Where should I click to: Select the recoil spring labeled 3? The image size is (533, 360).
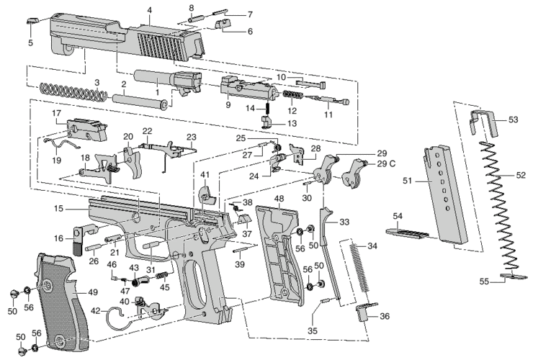72,92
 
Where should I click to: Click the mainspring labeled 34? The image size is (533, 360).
359,270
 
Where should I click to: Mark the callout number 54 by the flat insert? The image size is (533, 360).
398,215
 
